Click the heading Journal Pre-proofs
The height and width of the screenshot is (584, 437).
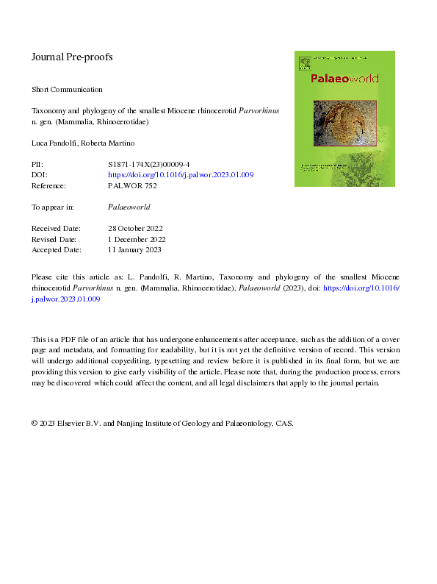click(72, 57)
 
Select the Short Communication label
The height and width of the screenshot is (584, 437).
click(67, 89)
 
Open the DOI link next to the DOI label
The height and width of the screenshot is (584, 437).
click(181, 176)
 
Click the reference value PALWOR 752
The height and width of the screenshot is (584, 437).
click(132, 186)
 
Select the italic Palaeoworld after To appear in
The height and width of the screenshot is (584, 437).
click(129, 207)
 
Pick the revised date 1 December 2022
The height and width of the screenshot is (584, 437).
click(137, 239)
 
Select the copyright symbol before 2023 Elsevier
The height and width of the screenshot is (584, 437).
click(35, 424)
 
